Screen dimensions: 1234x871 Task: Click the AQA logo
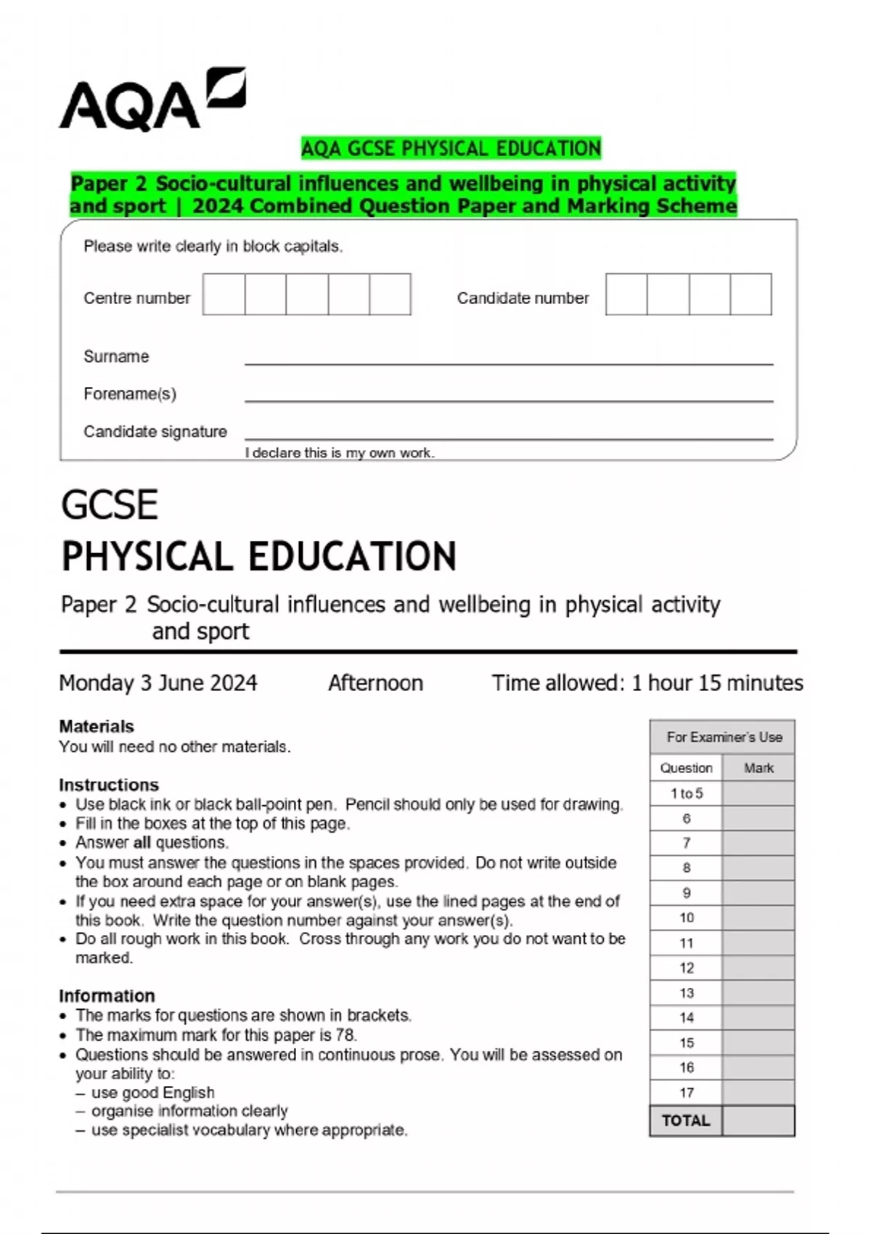pyautogui.click(x=152, y=101)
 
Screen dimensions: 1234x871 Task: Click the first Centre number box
pyautogui.click(x=224, y=294)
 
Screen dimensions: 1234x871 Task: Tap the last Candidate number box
pyautogui.click(x=751, y=294)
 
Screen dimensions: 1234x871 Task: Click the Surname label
pyautogui.click(x=116, y=356)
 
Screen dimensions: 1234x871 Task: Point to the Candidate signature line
pyautogui.click(x=508, y=437)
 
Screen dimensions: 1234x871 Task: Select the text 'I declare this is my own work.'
pyautogui.click(x=340, y=453)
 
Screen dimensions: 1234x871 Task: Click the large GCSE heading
pyautogui.click(x=110, y=505)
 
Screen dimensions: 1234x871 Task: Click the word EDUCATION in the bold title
pyautogui.click(x=353, y=557)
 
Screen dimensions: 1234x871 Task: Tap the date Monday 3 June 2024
pyautogui.click(x=158, y=683)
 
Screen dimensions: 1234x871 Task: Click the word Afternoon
pyautogui.click(x=375, y=683)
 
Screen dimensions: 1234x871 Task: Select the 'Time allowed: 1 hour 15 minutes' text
pyautogui.click(x=647, y=683)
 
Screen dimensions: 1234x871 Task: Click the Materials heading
pyautogui.click(x=97, y=727)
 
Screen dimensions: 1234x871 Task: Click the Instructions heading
pyautogui.click(x=109, y=785)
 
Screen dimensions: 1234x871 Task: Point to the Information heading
pyautogui.click(x=107, y=996)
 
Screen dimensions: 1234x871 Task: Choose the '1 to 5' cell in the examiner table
pyautogui.click(x=686, y=793)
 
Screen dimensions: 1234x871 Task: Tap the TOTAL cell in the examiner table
pyautogui.click(x=686, y=1121)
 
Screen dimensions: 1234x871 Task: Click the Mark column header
pyautogui.click(x=758, y=768)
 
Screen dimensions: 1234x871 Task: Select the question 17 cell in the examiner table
pyautogui.click(x=686, y=1092)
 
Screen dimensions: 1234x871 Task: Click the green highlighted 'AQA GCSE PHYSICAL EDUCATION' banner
pyautogui.click(x=451, y=148)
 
